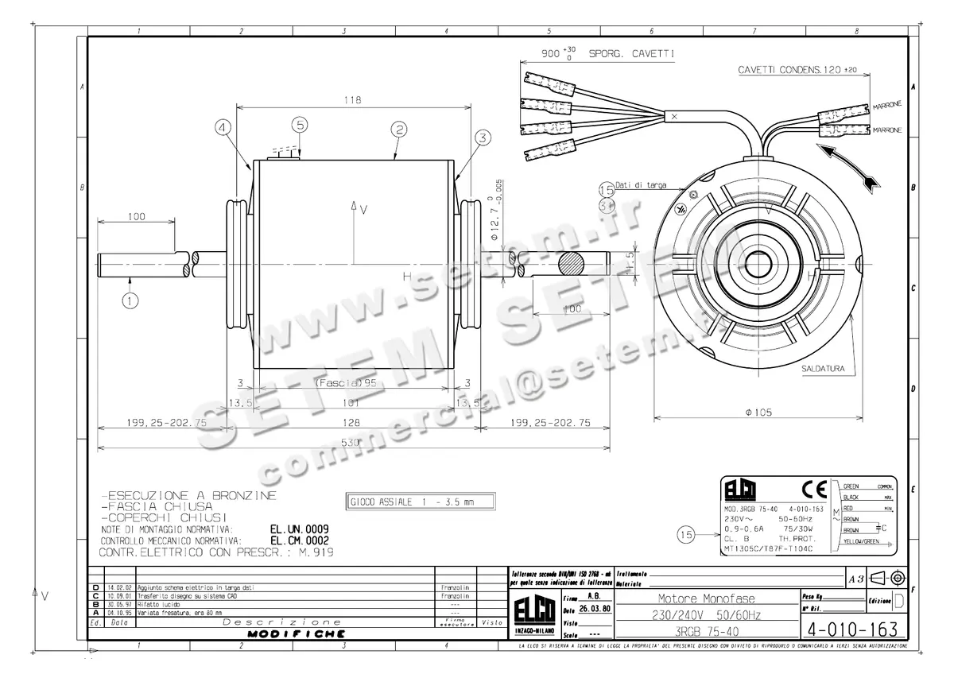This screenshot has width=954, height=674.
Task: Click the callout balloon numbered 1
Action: pos(130,300)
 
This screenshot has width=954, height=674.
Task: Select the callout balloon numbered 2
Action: pos(399,129)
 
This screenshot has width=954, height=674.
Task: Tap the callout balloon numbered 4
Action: pos(223,126)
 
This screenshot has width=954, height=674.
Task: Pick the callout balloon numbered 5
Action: pos(300,125)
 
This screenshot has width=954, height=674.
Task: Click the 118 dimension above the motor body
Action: pos(353,100)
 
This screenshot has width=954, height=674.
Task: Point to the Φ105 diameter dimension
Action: pos(759,412)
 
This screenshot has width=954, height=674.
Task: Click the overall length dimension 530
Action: pos(352,442)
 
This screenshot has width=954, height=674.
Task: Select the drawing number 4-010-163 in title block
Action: pos(851,629)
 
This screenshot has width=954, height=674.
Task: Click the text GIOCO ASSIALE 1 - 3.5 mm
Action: pos(412,502)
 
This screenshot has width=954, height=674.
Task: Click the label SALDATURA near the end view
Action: pos(828,370)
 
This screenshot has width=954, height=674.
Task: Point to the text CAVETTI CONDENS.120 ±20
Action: pos(797,70)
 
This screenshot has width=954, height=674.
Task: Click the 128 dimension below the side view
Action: pos(352,423)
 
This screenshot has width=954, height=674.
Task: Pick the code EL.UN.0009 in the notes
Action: pos(300,529)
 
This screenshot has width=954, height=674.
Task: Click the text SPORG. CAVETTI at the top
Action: pos(632,55)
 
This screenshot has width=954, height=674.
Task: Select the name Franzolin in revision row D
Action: pos(455,587)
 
